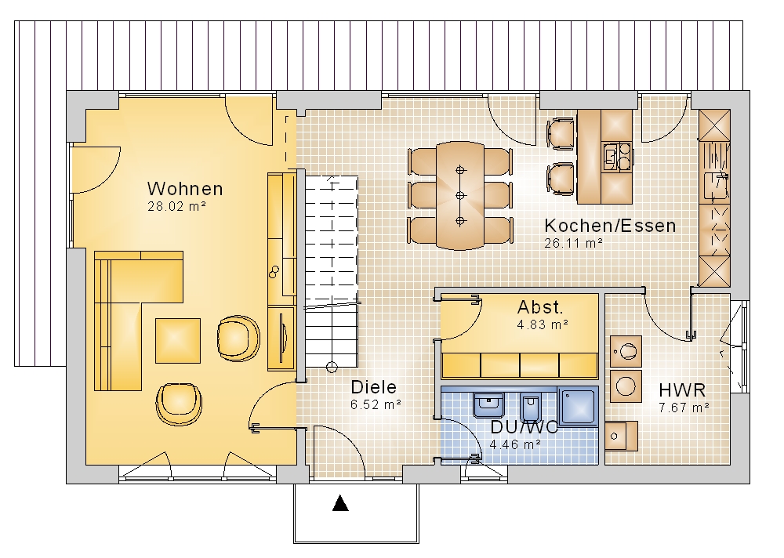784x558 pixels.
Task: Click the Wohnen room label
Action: pos(185,189)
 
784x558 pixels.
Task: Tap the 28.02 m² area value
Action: pos(177,206)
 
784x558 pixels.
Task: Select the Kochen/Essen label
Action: pos(610,226)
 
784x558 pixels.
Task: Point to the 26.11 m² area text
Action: pos(574,243)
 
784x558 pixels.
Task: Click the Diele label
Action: pos(373,387)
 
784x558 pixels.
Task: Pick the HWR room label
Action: pos(682,390)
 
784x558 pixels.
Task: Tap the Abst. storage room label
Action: pos(540,306)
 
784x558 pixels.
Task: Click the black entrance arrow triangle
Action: pos(340,503)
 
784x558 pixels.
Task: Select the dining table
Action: pos(460,195)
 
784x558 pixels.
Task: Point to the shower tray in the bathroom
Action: pos(578,406)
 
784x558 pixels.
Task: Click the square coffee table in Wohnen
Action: pos(177,340)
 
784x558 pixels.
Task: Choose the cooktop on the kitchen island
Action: pos(617,157)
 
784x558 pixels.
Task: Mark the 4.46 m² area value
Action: pos(515,444)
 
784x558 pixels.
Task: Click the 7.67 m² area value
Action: pos(684,408)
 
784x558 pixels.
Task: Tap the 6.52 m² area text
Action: pos(376,404)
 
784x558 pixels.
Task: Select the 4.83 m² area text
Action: pos(543,324)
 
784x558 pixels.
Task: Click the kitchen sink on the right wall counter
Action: pos(715,186)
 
